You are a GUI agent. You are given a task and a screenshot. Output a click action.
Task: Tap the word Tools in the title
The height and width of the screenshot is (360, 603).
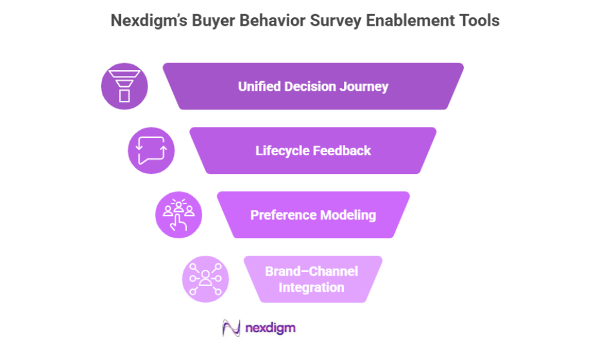point(477,21)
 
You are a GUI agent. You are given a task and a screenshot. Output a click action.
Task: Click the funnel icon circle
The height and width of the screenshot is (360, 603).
point(124,86)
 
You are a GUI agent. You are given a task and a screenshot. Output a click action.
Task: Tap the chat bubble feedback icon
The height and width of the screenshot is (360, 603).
point(151,151)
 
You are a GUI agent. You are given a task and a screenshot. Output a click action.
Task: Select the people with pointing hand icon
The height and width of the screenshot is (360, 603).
point(178,215)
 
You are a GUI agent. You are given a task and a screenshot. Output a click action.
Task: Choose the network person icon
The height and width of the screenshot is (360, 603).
point(206,279)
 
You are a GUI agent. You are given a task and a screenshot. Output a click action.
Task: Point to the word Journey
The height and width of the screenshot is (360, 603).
point(365,86)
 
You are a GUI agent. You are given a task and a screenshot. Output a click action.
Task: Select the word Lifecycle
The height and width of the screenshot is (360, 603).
point(282,151)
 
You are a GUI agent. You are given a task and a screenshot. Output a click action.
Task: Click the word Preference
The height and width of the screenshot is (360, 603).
point(282,215)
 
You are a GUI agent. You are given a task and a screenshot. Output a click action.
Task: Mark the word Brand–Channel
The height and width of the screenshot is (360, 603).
point(312,271)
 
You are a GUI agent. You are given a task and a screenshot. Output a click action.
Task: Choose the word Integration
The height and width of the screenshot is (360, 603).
point(312,287)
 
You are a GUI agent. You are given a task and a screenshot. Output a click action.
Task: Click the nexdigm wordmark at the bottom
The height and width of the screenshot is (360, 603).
point(271,328)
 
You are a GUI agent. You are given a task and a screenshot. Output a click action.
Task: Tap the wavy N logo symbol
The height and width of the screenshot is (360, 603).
point(231,328)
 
